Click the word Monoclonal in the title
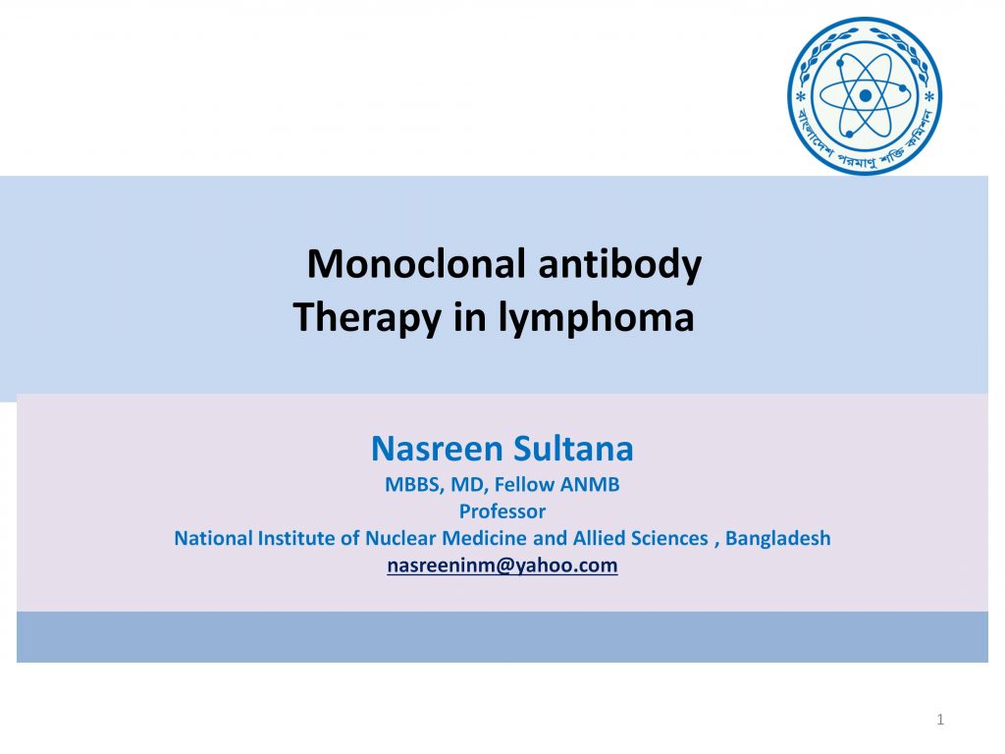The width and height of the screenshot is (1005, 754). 416,263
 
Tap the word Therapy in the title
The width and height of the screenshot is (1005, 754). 367,319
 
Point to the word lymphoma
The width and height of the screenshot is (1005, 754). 596,319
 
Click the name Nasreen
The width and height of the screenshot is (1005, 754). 438,449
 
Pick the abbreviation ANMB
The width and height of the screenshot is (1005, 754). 590,484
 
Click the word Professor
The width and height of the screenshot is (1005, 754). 502,512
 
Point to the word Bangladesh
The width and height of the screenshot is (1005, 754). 778,538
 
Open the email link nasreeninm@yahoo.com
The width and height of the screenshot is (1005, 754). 502,565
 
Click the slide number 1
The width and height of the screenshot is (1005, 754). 940,720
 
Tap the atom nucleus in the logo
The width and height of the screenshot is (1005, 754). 866,95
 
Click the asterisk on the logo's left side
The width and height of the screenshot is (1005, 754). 800,97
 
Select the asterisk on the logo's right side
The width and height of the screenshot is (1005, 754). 930,97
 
